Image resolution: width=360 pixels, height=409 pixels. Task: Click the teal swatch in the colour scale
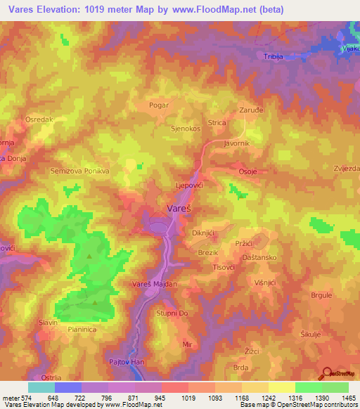pos(41,387)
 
